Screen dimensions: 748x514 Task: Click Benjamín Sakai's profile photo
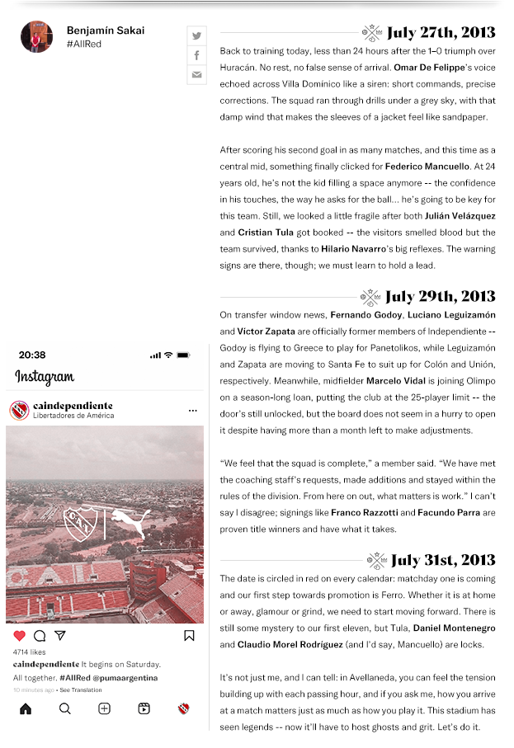(x=36, y=37)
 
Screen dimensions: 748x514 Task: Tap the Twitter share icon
(x=196, y=35)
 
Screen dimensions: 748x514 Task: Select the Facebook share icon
(x=196, y=55)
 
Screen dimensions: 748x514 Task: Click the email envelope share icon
(x=196, y=75)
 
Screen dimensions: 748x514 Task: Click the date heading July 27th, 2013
(x=441, y=33)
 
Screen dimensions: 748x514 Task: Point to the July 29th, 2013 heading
(x=440, y=297)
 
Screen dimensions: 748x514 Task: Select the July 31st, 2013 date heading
(x=442, y=561)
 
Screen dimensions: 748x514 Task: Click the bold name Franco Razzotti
(x=364, y=513)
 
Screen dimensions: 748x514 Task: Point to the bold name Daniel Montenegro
(x=453, y=628)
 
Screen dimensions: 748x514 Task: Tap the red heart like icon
(x=20, y=636)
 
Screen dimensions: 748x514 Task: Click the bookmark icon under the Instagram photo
(x=189, y=636)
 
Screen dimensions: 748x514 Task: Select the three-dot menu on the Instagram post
(x=192, y=411)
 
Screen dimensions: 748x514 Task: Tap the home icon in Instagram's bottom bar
(x=26, y=708)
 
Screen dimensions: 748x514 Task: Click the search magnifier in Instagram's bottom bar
(x=65, y=708)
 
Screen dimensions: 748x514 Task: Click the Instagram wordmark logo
(x=45, y=378)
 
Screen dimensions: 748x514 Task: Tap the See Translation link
(x=81, y=690)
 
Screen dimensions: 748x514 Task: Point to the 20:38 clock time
(x=32, y=355)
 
